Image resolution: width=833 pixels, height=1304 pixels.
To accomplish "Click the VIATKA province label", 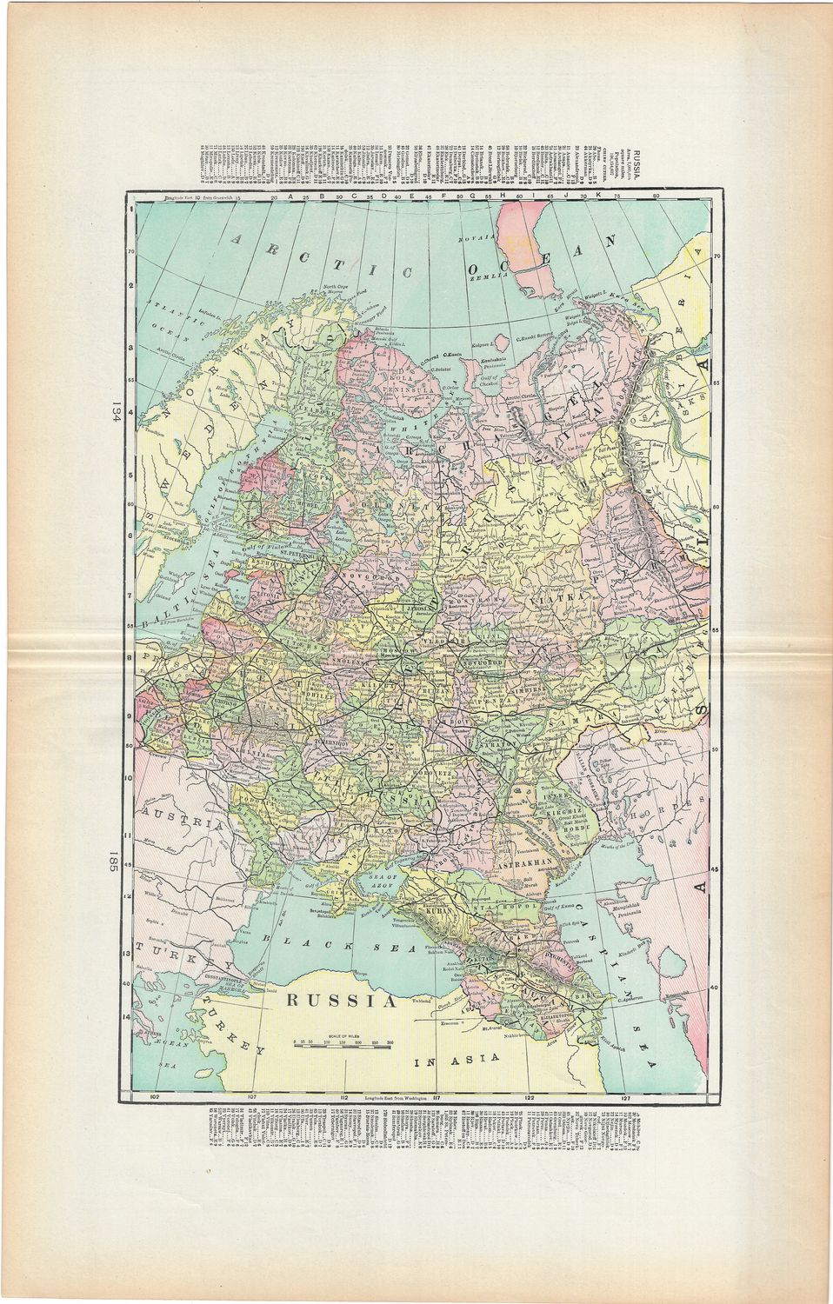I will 556,599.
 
